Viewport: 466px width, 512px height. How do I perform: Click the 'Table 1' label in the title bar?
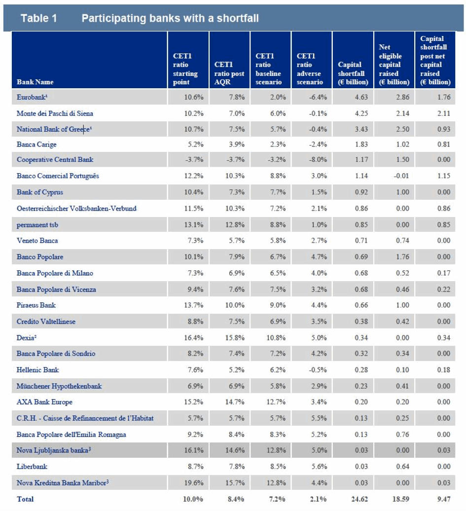click(x=39, y=18)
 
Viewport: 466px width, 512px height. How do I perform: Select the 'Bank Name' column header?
click(x=35, y=82)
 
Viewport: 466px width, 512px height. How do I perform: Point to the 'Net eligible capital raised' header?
click(x=394, y=65)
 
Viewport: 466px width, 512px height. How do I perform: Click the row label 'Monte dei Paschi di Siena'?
click(x=55, y=113)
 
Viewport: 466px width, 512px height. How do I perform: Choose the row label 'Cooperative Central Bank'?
click(x=55, y=160)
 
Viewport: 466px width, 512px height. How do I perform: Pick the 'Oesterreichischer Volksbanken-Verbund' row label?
click(x=76, y=208)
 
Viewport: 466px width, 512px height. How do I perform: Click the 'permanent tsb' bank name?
click(x=37, y=225)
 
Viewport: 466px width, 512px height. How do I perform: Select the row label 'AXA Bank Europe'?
click(x=44, y=402)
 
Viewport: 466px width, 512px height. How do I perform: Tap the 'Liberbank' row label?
click(x=32, y=467)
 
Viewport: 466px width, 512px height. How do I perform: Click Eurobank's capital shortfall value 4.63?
click(x=361, y=97)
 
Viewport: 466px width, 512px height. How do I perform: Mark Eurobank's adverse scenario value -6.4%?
click(x=318, y=97)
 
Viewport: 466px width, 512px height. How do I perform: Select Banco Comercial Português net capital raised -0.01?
click(x=401, y=176)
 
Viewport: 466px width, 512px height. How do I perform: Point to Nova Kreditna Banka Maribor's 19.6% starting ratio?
click(x=193, y=483)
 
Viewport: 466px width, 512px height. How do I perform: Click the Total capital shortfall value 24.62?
click(x=359, y=499)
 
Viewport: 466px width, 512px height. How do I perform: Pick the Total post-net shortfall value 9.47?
click(x=444, y=499)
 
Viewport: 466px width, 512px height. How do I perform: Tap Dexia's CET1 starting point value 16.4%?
click(x=193, y=337)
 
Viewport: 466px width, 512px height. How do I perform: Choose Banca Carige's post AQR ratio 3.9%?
click(x=237, y=145)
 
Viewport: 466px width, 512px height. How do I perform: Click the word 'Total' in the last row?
click(x=25, y=499)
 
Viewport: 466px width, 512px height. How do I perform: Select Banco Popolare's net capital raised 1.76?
click(x=402, y=257)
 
